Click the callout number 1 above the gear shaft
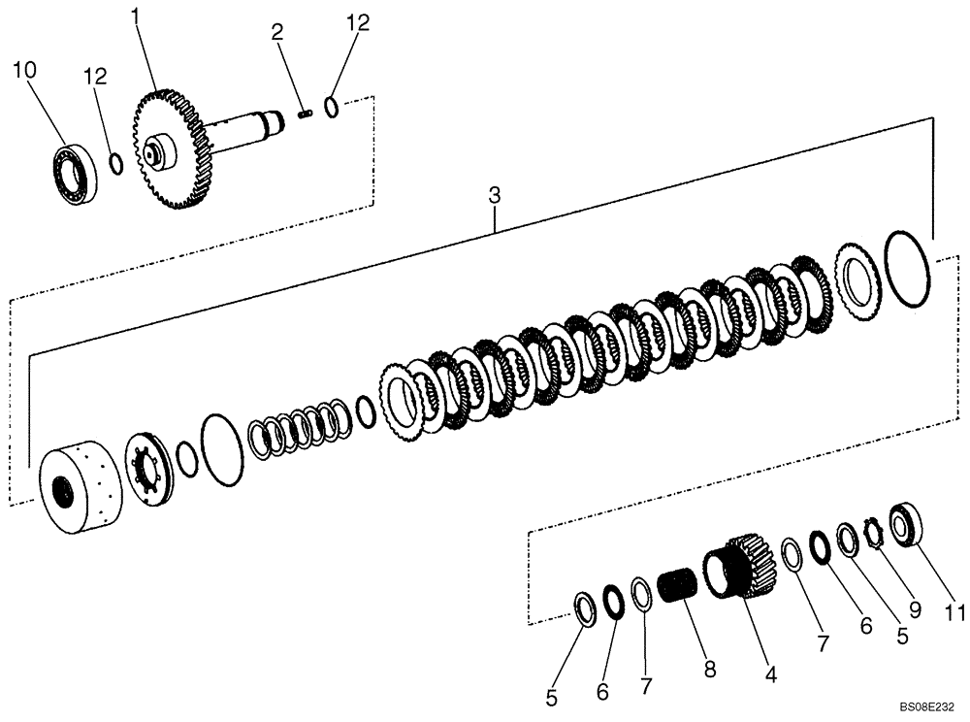pyautogui.click(x=136, y=16)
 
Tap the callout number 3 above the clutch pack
pyautogui.click(x=495, y=195)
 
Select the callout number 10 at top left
pyautogui.click(x=24, y=69)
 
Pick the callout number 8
pyautogui.click(x=710, y=669)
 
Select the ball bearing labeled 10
pyautogui.click(x=73, y=172)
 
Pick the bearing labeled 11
pyautogui.click(x=903, y=521)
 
